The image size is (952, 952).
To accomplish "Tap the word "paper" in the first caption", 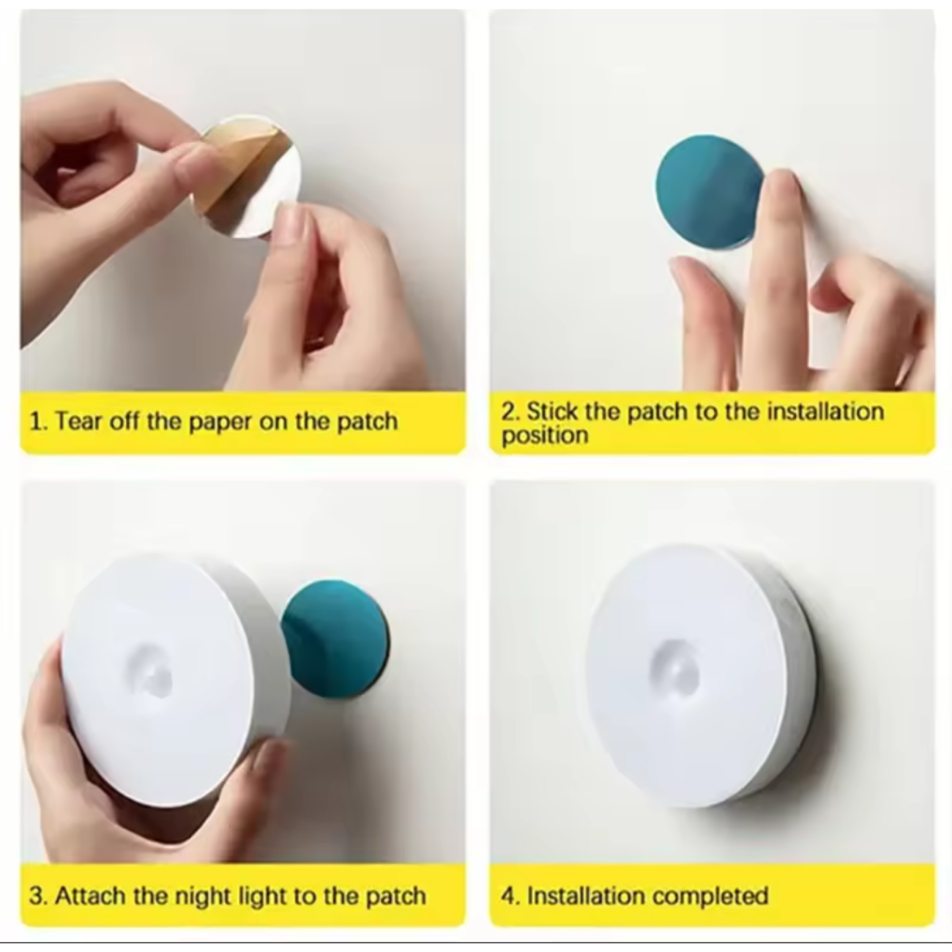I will [x=220, y=422].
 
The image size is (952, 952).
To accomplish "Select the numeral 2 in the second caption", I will [x=508, y=411].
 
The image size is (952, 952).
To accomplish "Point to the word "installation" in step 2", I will [x=825, y=411].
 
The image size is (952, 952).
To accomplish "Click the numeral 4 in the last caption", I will [x=508, y=896].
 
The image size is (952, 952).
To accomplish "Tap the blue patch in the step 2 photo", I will [x=703, y=190].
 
